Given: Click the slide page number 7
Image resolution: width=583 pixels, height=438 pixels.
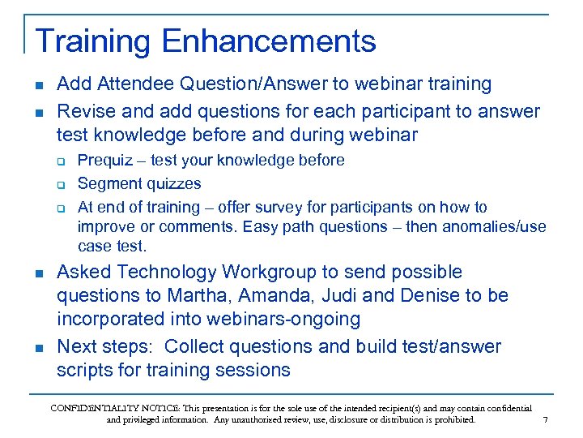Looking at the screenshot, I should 545,420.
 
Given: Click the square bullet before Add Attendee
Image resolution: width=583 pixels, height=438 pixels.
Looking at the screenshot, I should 39,85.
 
